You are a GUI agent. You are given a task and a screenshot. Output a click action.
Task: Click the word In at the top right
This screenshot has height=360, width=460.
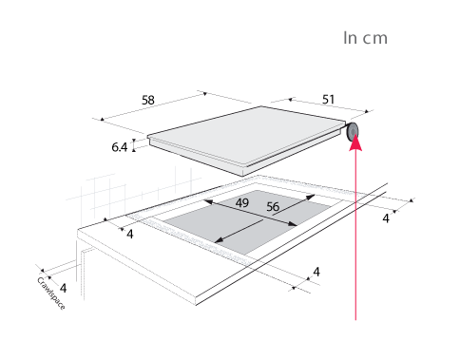(x=350, y=38)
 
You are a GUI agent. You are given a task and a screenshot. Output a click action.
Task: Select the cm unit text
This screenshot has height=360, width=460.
(x=375, y=39)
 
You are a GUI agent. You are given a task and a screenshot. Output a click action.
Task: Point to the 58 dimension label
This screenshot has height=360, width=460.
(x=148, y=100)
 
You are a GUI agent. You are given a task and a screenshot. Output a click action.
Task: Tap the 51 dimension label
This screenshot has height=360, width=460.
(x=328, y=100)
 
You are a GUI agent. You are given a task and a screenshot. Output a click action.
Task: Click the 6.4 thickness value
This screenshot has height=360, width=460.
(x=120, y=147)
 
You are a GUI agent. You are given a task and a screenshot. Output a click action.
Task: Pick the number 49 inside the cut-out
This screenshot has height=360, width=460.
(x=242, y=202)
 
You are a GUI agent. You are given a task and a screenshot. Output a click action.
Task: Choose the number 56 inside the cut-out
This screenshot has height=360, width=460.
(x=273, y=207)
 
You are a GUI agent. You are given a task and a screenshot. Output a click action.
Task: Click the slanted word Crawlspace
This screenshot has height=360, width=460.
(x=51, y=294)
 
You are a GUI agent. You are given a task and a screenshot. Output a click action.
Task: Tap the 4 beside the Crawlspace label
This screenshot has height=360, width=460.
(x=64, y=288)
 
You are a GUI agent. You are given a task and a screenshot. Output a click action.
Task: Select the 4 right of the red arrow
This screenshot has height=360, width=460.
(x=386, y=218)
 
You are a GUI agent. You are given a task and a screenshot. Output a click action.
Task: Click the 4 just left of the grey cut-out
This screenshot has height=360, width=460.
(x=130, y=235)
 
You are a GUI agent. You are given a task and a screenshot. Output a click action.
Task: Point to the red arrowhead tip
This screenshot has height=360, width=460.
(x=355, y=135)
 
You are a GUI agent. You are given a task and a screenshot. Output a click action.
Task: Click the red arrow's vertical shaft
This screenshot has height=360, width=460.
(x=355, y=235)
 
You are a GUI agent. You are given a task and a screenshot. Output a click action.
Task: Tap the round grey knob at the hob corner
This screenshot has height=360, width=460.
(x=353, y=132)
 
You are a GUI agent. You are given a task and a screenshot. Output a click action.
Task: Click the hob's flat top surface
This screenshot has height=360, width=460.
(x=245, y=133)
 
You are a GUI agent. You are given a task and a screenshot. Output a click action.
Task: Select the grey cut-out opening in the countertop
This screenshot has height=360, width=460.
(x=246, y=221)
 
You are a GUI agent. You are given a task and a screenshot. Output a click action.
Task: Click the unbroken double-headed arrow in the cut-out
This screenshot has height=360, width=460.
(x=250, y=213)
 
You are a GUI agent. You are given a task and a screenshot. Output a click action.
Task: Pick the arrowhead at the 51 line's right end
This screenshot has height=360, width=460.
(x=367, y=111)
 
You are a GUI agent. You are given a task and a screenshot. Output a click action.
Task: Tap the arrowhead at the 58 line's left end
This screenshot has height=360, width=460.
(x=102, y=120)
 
